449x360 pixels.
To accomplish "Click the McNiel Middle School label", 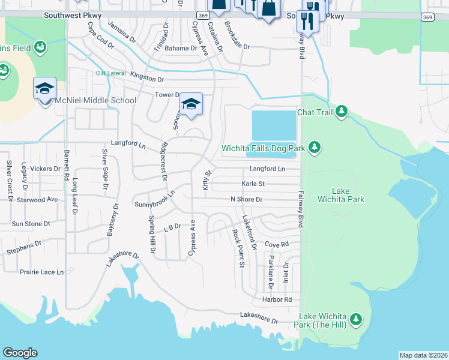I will click(95, 100).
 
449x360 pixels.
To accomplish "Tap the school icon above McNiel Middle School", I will click(44, 89).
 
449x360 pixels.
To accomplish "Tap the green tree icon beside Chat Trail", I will click(341, 112).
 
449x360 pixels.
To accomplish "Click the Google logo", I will click(20, 353).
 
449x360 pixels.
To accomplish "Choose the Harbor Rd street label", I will click(276, 299).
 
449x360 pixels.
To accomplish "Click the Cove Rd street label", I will click(277, 245).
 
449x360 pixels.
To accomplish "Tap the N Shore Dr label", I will click(247, 199).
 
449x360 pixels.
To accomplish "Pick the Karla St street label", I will click(253, 184).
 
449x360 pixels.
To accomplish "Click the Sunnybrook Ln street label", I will click(154, 199).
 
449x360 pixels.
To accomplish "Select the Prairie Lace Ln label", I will click(41, 272).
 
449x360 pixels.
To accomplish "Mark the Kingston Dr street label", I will click(148, 79).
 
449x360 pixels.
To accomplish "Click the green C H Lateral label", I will click(111, 73).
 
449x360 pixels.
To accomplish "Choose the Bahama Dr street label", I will click(181, 48).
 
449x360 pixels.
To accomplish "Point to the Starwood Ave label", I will click(37, 199).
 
